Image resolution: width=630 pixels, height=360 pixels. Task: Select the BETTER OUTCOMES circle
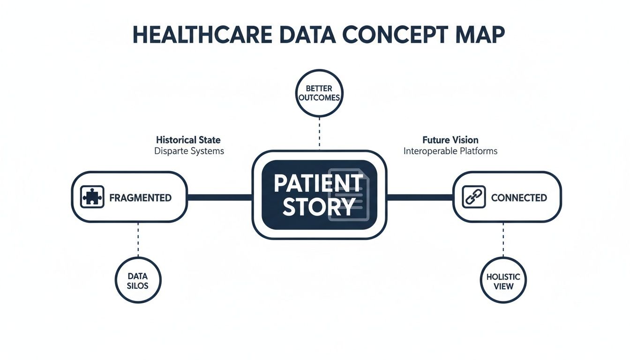pyautogui.click(x=319, y=93)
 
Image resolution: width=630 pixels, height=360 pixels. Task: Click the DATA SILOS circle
pyautogui.click(x=138, y=280)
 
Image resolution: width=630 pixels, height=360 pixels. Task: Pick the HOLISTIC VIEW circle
pyautogui.click(x=503, y=280)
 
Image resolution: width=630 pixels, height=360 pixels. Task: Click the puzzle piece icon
pyautogui.click(x=92, y=197)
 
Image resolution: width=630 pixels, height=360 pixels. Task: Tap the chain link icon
pyautogui.click(x=474, y=197)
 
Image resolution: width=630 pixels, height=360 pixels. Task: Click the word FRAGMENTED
pyautogui.click(x=140, y=198)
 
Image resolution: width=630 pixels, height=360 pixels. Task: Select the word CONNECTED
pyautogui.click(x=518, y=198)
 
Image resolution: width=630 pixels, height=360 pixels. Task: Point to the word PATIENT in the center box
pyautogui.click(x=318, y=183)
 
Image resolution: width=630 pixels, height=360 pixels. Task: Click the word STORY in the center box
pyautogui.click(x=318, y=207)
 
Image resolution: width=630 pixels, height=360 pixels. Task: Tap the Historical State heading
pyautogui.click(x=188, y=140)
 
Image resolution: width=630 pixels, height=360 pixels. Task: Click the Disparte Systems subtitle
pyautogui.click(x=189, y=151)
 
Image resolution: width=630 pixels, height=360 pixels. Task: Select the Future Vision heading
pyautogui.click(x=450, y=140)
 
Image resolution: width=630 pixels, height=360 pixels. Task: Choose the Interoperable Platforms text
pyautogui.click(x=450, y=151)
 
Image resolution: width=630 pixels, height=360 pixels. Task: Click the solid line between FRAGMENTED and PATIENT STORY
pyautogui.click(x=219, y=197)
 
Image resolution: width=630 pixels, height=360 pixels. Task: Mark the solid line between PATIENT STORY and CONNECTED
pyautogui.click(x=420, y=197)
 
